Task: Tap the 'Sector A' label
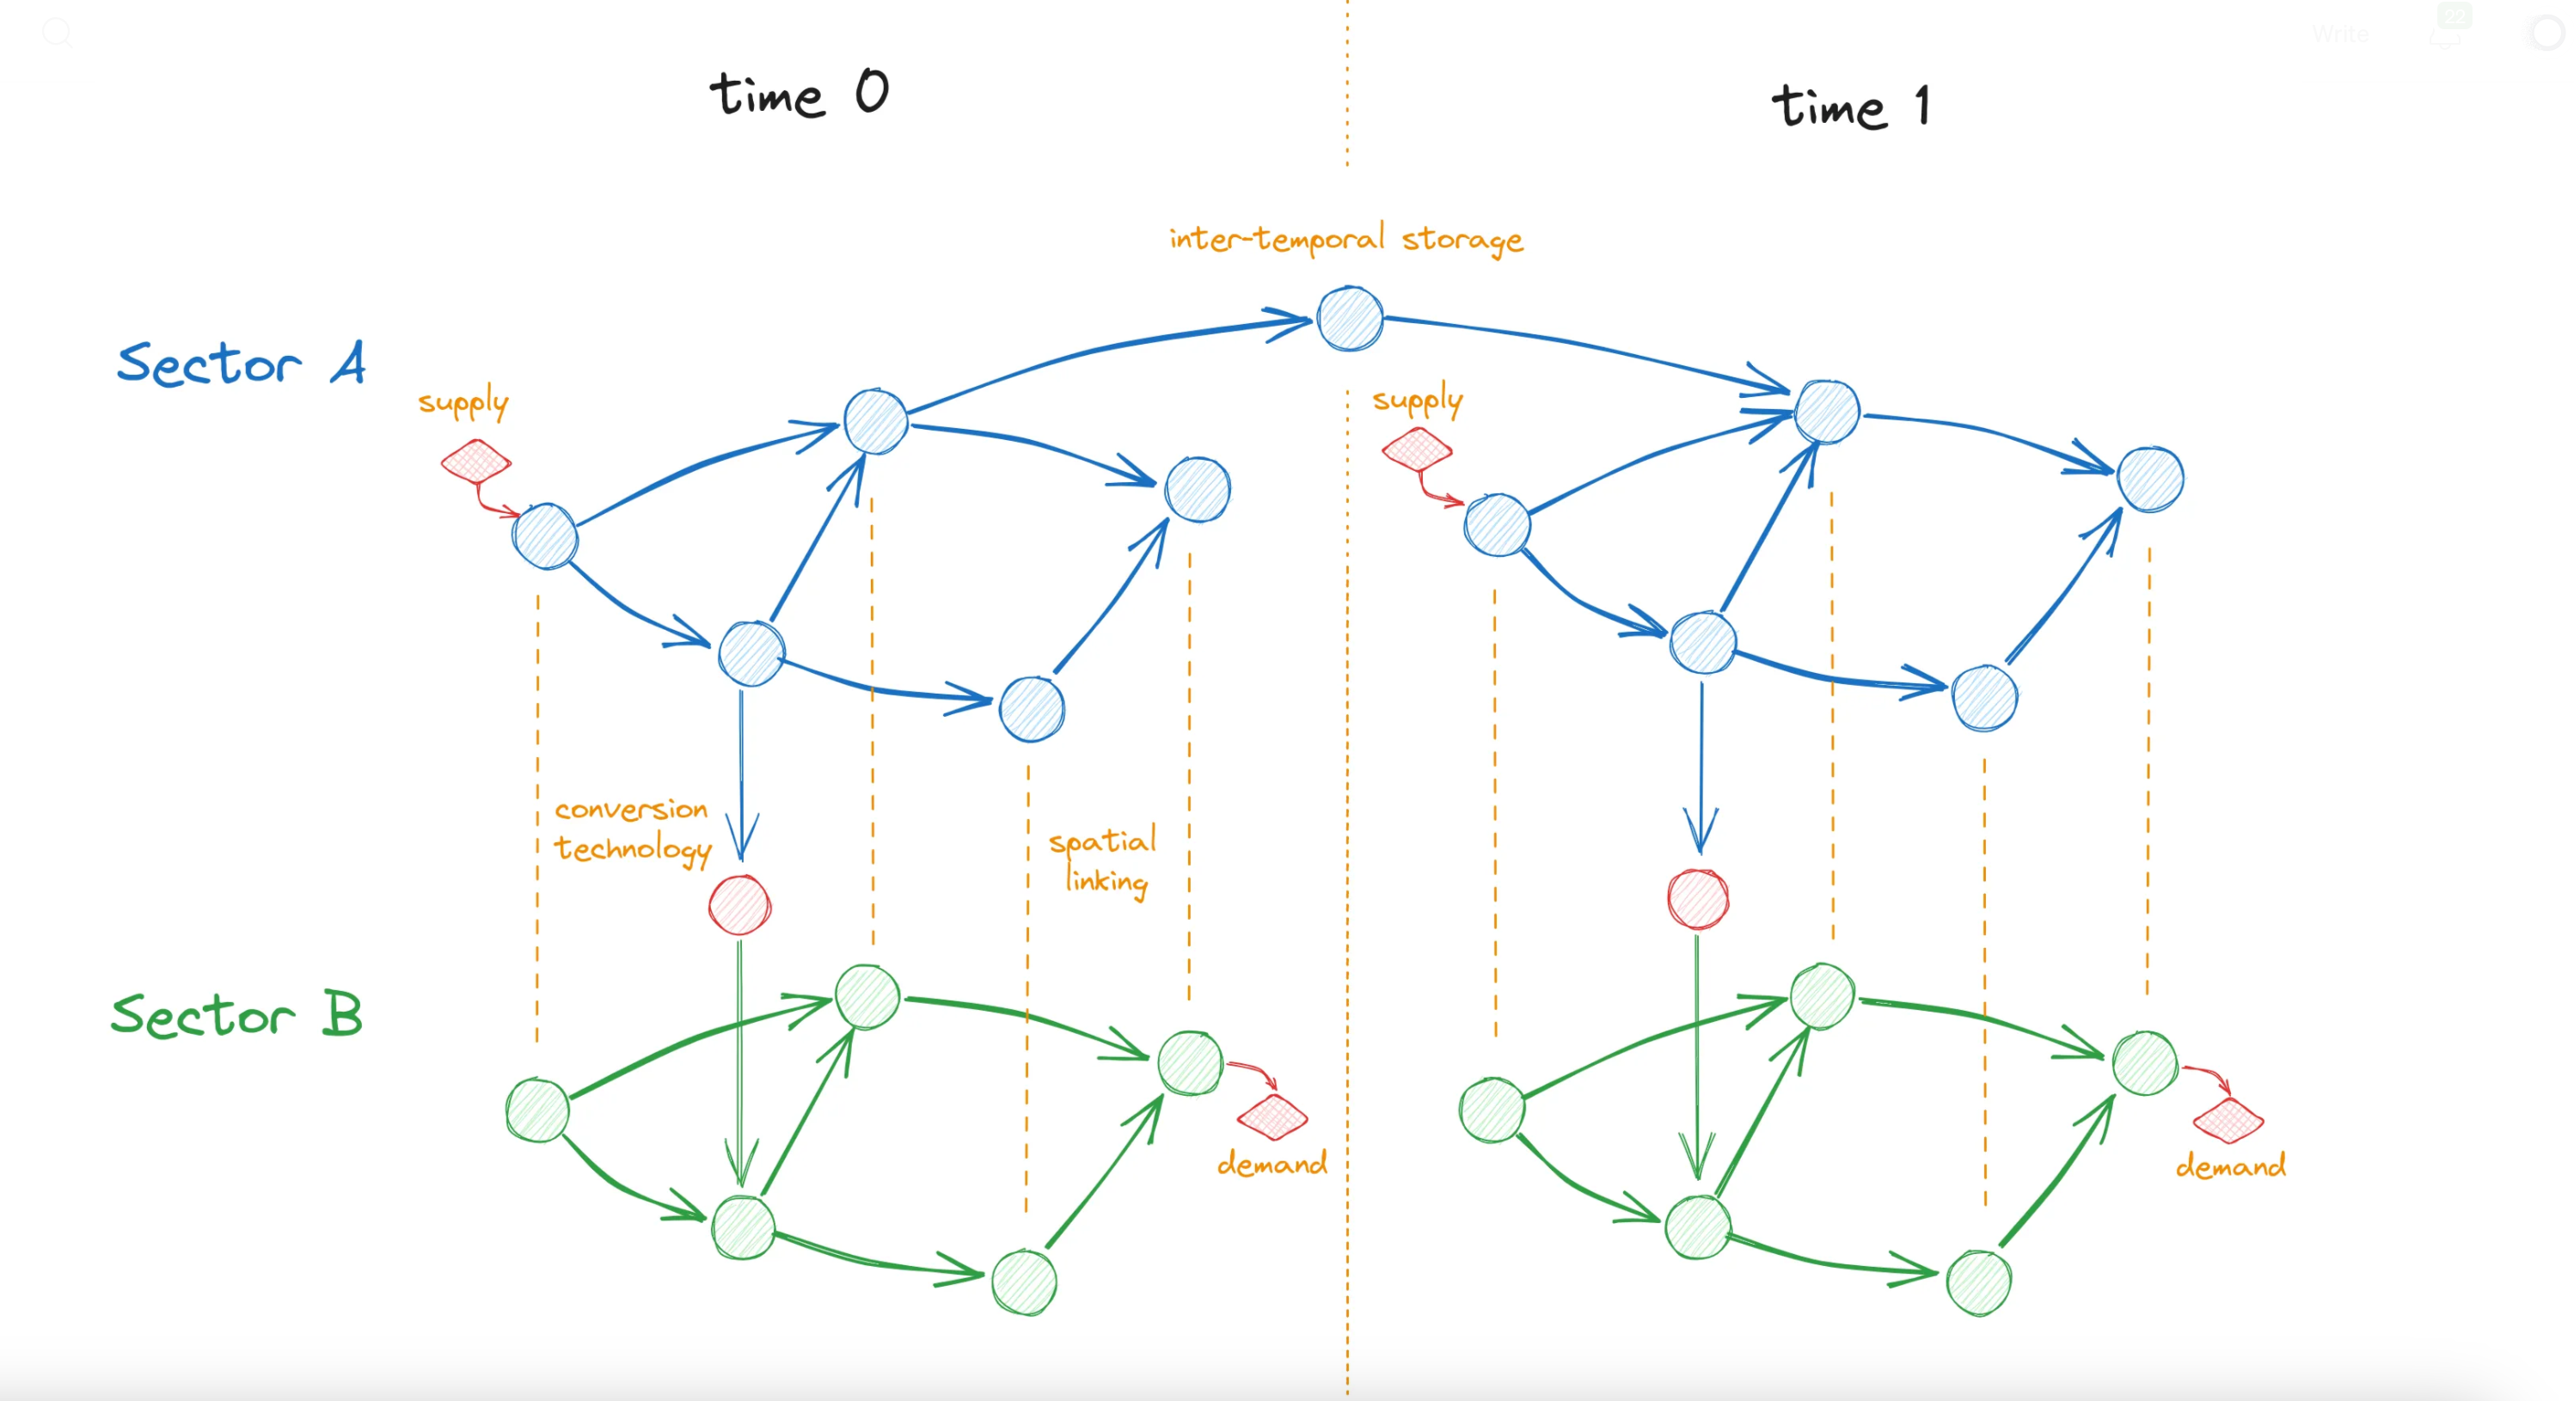(x=241, y=363)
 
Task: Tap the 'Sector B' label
(x=236, y=1015)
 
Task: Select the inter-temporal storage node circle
(x=1350, y=319)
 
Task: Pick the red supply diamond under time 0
(x=475, y=461)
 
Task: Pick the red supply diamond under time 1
(x=1417, y=449)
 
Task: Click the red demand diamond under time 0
(x=1272, y=1117)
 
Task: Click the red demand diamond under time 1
(x=2228, y=1120)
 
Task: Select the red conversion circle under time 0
(x=739, y=905)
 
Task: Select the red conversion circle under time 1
(x=1698, y=899)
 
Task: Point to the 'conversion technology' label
(x=633, y=829)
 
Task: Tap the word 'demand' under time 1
(x=2230, y=1166)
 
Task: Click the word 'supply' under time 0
(x=463, y=401)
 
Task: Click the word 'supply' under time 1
(x=1417, y=400)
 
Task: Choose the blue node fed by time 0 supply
(x=544, y=536)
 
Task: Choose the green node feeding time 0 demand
(x=1190, y=1063)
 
